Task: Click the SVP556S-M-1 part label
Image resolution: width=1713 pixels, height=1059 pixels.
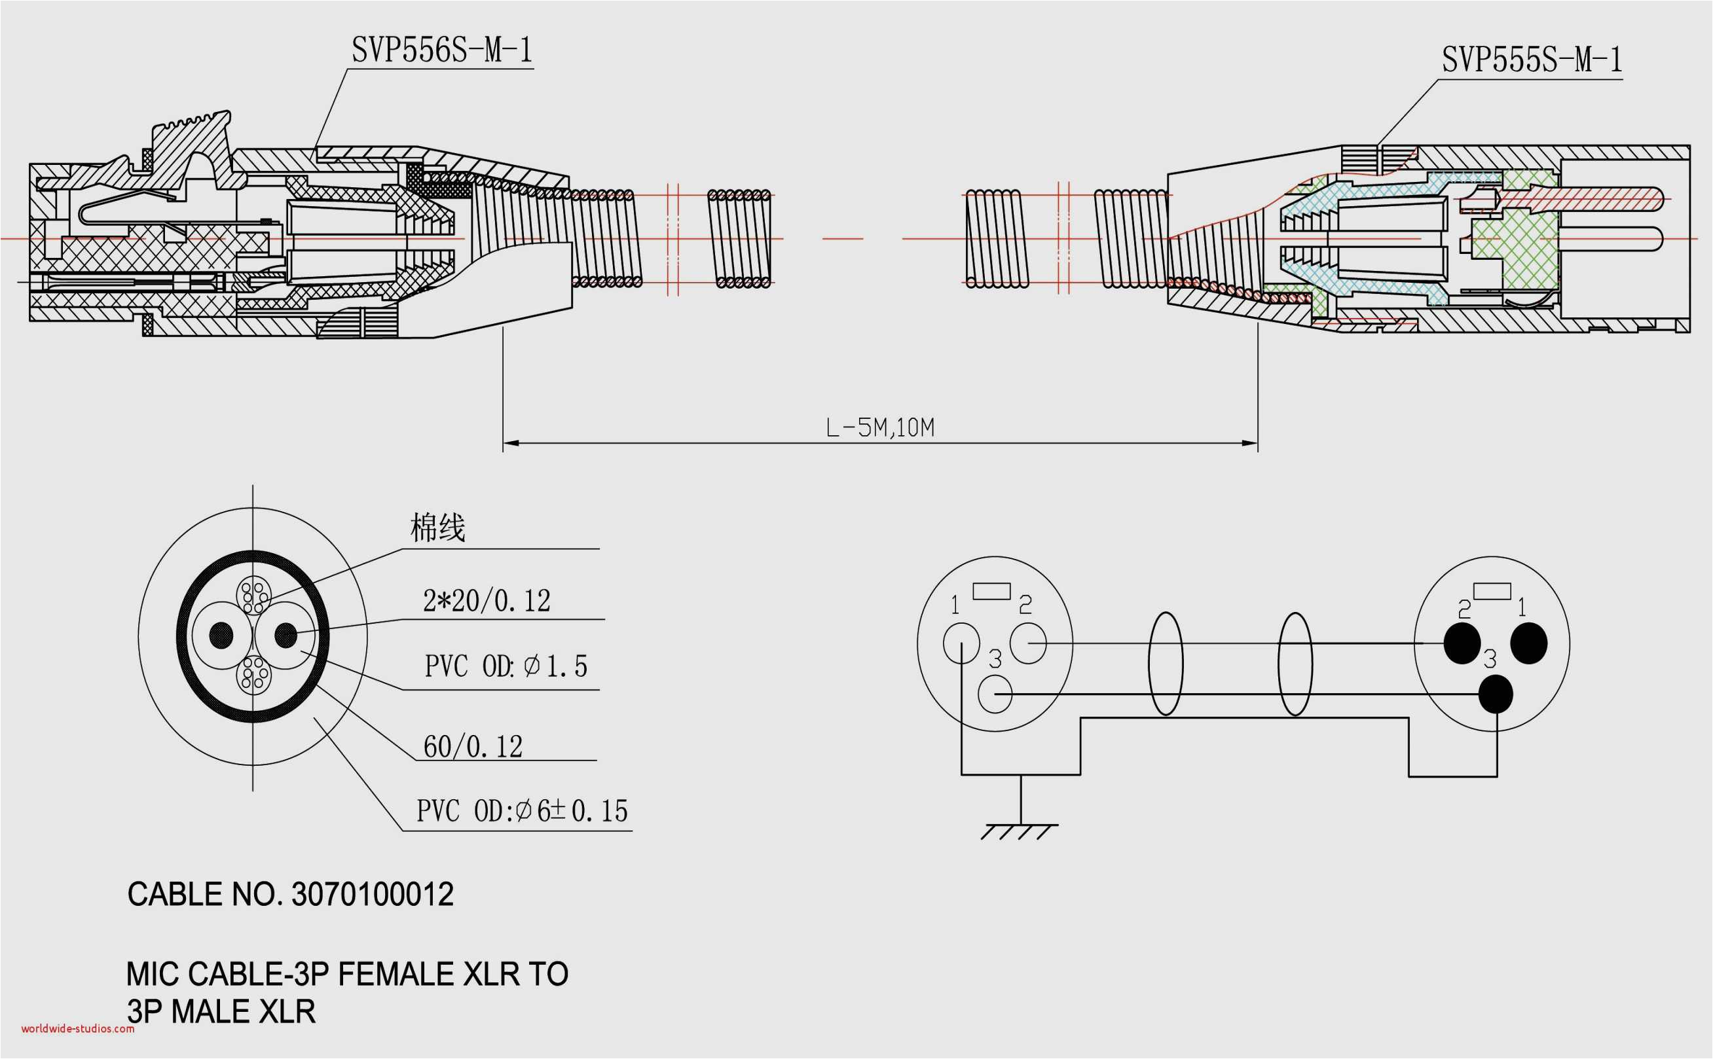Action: point(441,50)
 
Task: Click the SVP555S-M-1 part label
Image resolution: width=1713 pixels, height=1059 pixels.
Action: point(1531,60)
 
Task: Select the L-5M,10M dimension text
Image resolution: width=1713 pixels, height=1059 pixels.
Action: point(880,427)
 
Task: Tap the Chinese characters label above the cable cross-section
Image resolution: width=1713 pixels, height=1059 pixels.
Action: point(437,528)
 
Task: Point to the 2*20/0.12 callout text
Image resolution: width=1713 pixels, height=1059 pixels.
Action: point(487,601)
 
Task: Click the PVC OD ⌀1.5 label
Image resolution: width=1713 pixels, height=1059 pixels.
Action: point(506,666)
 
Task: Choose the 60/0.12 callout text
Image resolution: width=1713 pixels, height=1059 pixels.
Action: point(473,747)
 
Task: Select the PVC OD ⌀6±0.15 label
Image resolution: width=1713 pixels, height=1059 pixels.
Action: point(522,811)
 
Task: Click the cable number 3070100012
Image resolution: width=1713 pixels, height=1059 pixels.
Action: point(372,895)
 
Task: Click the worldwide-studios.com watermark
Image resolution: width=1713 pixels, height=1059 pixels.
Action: point(77,1029)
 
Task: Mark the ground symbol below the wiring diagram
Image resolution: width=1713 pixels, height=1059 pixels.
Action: point(1020,831)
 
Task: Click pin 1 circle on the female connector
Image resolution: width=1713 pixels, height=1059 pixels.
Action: point(961,643)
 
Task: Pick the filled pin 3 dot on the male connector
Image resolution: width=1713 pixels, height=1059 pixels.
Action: point(1495,694)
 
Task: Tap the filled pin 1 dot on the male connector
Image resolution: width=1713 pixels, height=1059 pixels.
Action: point(1528,643)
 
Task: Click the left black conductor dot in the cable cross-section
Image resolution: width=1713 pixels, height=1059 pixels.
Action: point(221,636)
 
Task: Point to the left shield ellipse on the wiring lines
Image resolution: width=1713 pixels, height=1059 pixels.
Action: point(1165,663)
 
